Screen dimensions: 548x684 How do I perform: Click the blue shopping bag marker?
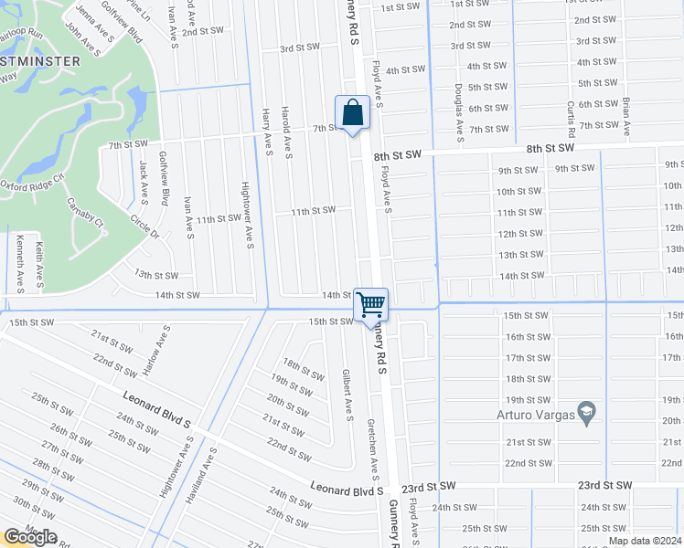(352, 115)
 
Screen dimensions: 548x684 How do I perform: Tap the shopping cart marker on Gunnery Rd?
(371, 305)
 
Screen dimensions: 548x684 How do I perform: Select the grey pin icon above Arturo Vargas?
(586, 408)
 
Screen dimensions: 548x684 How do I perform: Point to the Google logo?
(29, 537)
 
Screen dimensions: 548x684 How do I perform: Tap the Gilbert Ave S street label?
(347, 395)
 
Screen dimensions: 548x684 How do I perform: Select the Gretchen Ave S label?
(373, 449)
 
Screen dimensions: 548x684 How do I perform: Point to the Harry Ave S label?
(267, 132)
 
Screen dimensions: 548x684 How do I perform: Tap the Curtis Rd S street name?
(571, 120)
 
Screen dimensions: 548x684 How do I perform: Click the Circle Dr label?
(144, 227)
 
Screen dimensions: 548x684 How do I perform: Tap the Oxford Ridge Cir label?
(31, 185)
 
